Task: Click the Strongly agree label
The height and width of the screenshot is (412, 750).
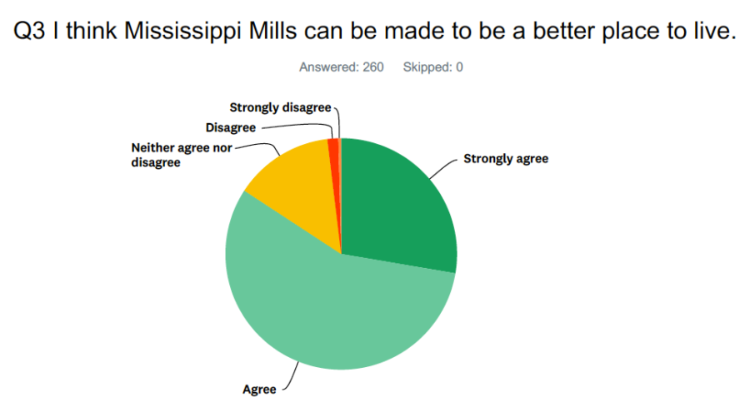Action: tap(506, 159)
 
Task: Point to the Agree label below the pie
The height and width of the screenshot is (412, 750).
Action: tap(259, 390)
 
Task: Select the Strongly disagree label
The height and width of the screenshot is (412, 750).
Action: tap(280, 107)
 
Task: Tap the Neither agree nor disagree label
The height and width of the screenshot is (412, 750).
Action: tap(182, 155)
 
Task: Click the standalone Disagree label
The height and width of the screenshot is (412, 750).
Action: tap(231, 127)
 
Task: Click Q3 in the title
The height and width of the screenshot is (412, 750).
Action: tap(29, 31)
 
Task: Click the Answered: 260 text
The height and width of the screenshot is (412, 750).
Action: tap(342, 67)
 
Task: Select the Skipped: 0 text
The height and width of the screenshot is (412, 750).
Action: tap(432, 67)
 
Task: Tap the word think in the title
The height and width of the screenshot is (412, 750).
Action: tap(92, 31)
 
